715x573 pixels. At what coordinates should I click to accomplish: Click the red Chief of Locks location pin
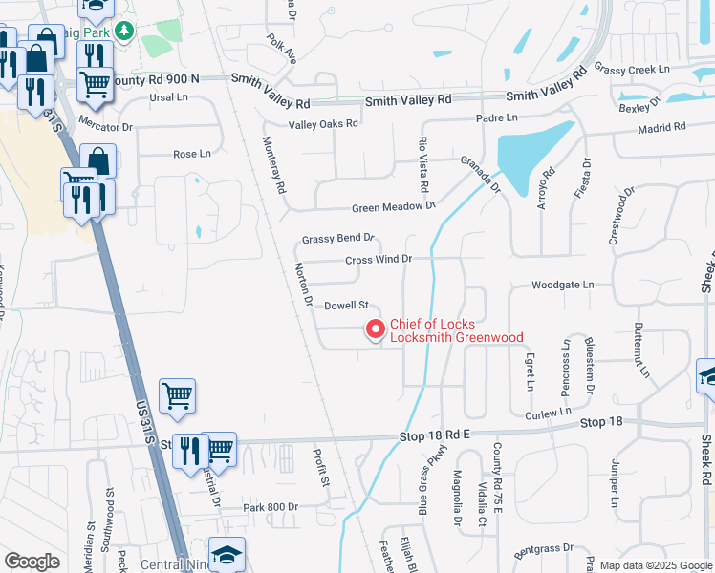coord(376,329)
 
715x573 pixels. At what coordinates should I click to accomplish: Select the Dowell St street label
coord(346,306)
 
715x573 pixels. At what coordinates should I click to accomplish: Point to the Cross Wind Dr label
coord(378,259)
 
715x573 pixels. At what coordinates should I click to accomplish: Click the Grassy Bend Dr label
coord(336,239)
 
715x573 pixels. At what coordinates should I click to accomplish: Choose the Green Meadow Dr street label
coord(393,206)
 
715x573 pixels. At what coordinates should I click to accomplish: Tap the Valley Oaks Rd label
coord(323,123)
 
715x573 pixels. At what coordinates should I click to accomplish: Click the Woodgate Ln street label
coord(562,285)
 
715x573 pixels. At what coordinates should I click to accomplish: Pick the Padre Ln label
coord(497,117)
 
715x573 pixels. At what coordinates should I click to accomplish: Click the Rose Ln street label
coord(191,154)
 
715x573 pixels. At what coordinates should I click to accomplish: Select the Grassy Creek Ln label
coord(632,69)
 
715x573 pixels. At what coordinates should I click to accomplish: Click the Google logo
coord(32,561)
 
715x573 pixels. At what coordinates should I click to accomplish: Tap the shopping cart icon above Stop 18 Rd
coord(178,394)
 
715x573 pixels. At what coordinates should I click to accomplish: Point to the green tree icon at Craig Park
coord(124,32)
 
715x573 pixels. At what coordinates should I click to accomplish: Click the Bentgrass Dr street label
coord(543,550)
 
